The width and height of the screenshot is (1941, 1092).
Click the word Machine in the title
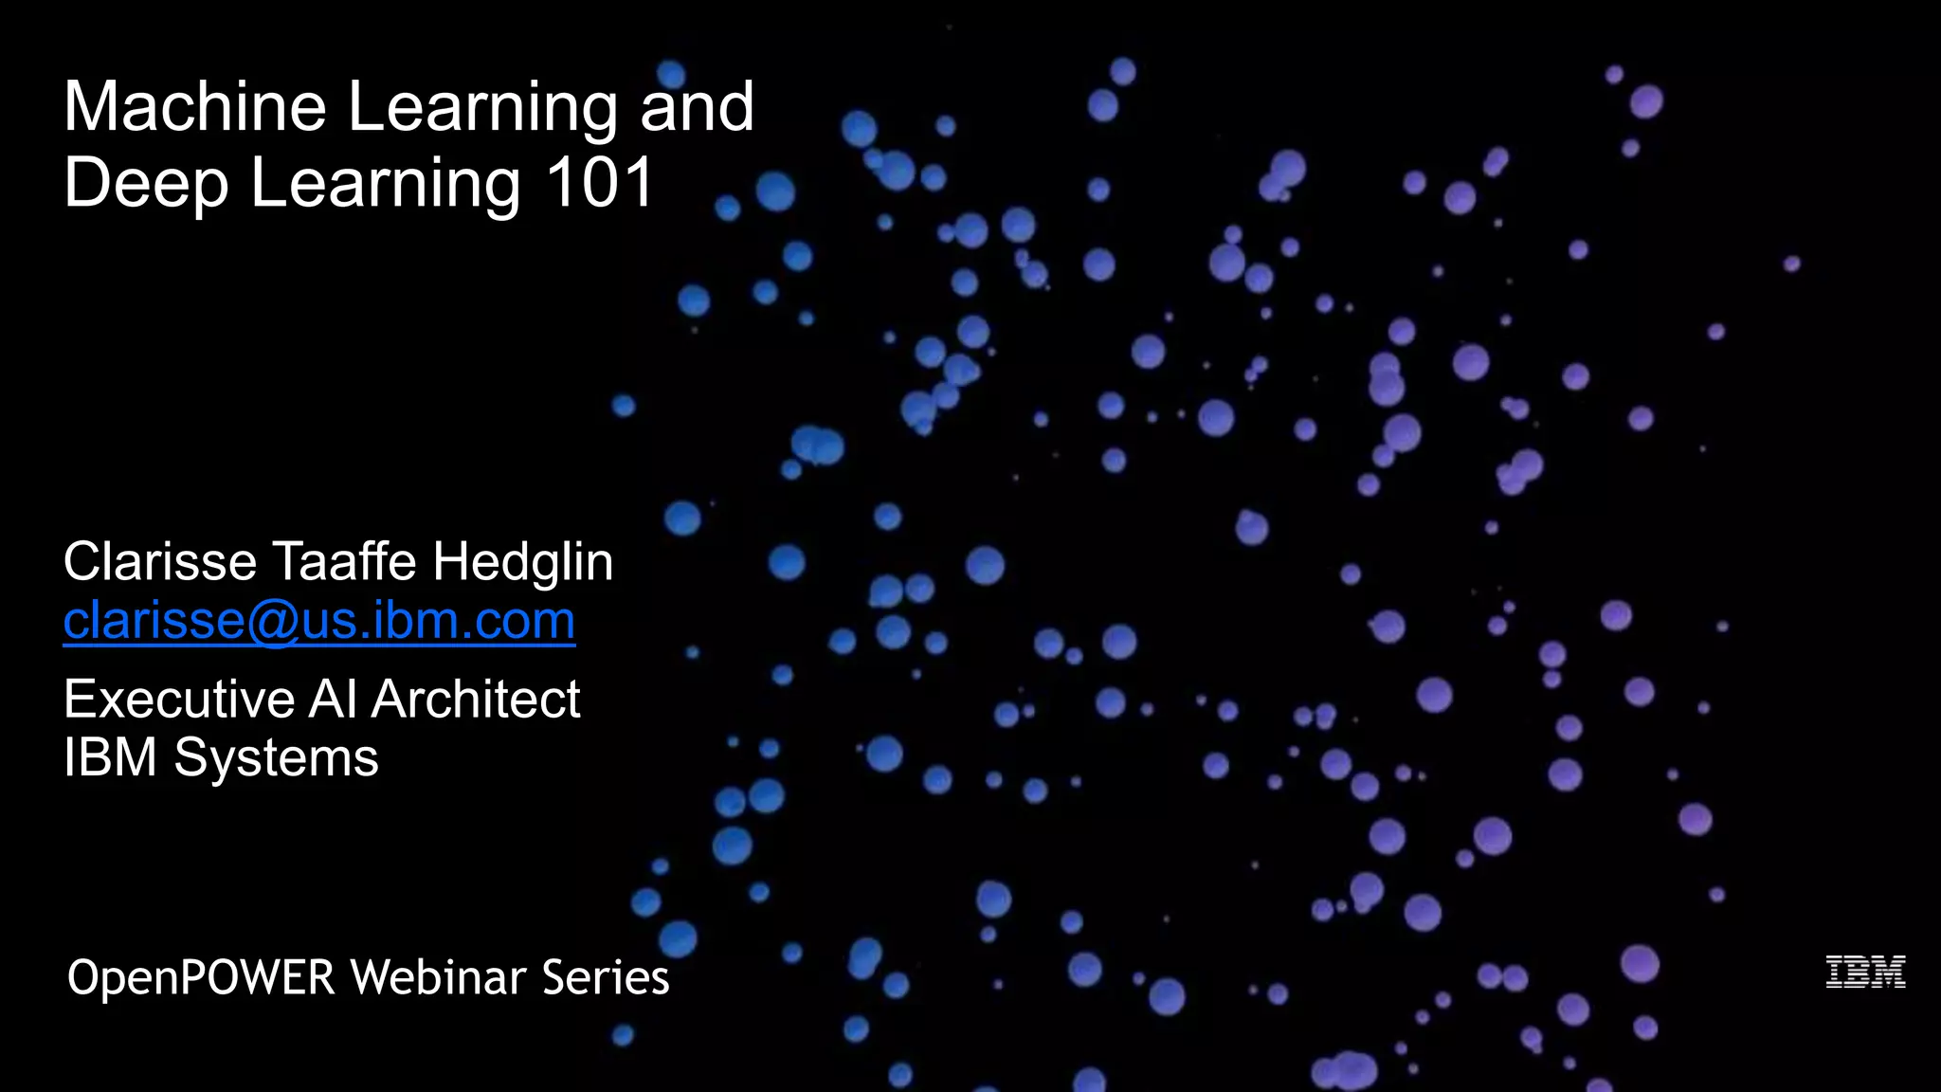pyautogui.click(x=194, y=106)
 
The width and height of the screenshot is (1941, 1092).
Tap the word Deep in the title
pyautogui.click(x=146, y=184)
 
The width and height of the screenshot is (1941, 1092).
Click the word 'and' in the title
pyautogui.click(x=697, y=106)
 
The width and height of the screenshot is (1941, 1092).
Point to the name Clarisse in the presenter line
pyautogui.click(x=160, y=561)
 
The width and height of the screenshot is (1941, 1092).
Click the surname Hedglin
pyautogui.click(x=523, y=563)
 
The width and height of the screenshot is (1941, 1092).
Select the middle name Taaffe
pyautogui.click(x=345, y=561)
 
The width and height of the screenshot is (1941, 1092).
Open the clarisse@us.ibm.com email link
pyautogui.click(x=318, y=620)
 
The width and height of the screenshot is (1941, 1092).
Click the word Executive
pyautogui.click(x=179, y=700)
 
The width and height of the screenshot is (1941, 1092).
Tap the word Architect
pyautogui.click(x=476, y=700)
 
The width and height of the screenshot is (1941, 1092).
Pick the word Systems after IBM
pyautogui.click(x=276, y=758)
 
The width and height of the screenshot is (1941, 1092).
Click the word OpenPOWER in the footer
pyautogui.click(x=201, y=978)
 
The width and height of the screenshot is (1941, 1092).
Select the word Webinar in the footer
pyautogui.click(x=438, y=977)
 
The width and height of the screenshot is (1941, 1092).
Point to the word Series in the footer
pyautogui.click(x=606, y=977)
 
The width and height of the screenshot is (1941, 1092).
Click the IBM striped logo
pyautogui.click(x=1865, y=974)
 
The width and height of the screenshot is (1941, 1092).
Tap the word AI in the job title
pyautogui.click(x=333, y=700)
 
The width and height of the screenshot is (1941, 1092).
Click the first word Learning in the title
pyautogui.click(x=483, y=108)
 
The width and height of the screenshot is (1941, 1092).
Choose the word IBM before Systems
pyautogui.click(x=110, y=758)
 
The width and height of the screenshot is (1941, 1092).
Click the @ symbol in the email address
pyautogui.click(x=274, y=622)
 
